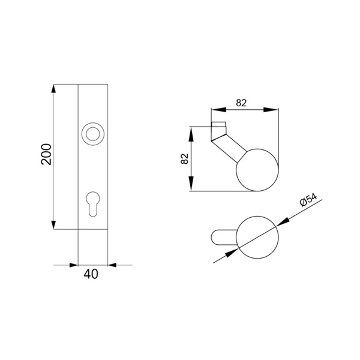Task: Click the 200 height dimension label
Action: coord(46,154)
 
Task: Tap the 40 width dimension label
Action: coord(91,274)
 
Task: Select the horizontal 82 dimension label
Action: coord(241,103)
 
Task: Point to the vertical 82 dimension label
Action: coord(185,158)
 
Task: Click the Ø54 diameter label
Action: coord(309,200)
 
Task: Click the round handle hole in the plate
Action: coord(93,134)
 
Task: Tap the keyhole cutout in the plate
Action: coord(93,204)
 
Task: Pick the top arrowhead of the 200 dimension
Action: coord(53,89)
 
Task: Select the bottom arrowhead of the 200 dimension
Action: coord(53,225)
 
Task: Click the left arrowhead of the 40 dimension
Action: coord(74,265)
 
